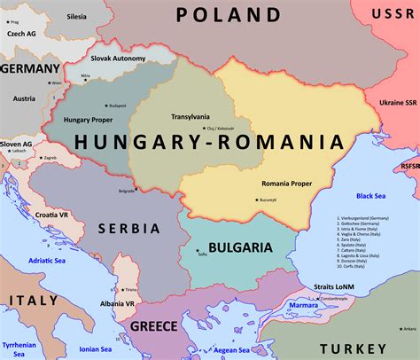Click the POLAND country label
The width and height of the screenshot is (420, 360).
click(228, 15)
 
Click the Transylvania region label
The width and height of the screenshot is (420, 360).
click(191, 116)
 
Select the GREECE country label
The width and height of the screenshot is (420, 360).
click(154, 326)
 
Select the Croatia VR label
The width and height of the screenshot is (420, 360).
click(53, 215)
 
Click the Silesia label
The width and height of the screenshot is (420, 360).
click(77, 17)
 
